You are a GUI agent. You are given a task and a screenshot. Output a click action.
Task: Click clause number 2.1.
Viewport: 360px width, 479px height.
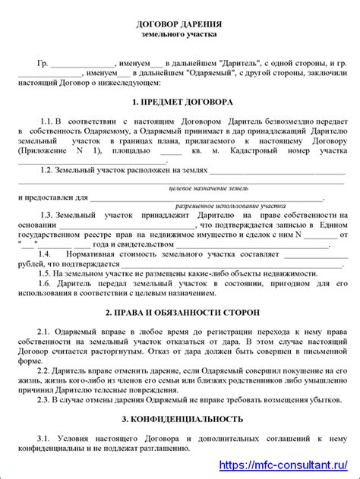[x=45, y=332]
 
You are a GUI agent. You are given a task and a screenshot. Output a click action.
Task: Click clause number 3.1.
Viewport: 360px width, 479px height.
[x=45, y=439]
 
